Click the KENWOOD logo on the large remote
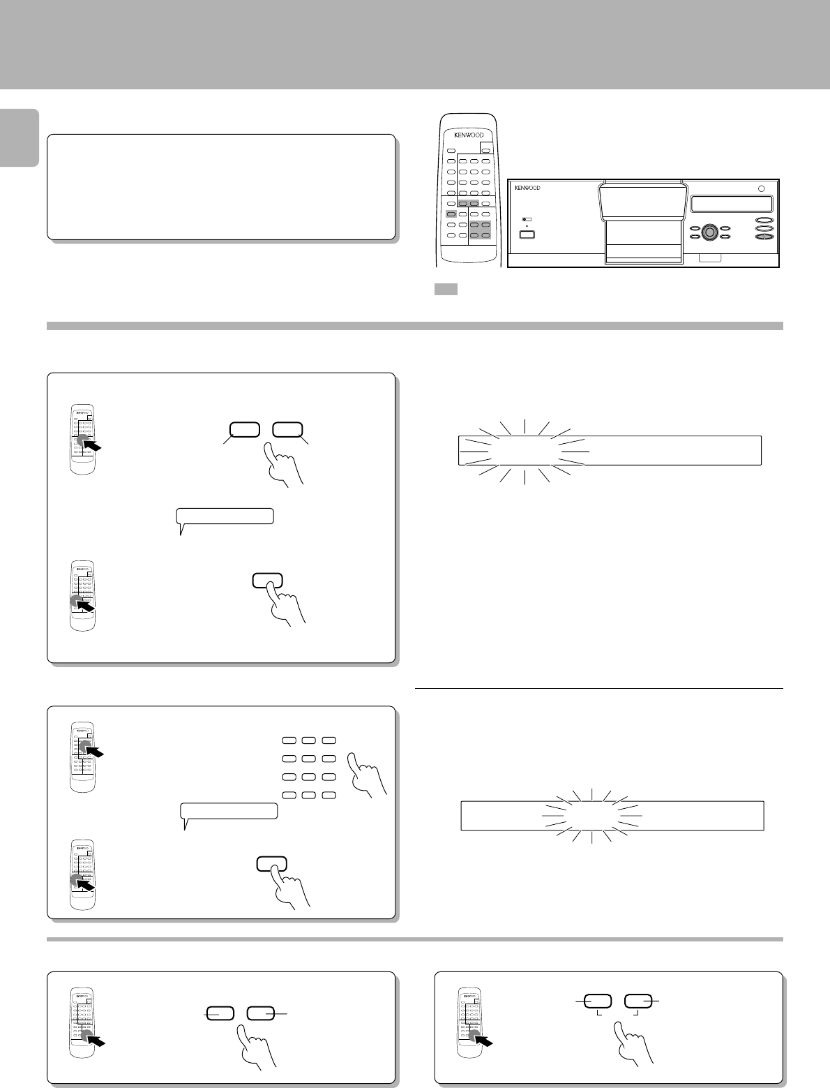(x=469, y=135)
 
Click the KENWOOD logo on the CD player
(x=527, y=188)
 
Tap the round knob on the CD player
(x=709, y=232)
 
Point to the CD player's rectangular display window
(x=732, y=204)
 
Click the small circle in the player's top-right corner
(x=761, y=189)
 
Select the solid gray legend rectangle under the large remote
(x=446, y=289)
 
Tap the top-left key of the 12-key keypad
(x=289, y=740)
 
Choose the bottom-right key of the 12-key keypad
(x=329, y=795)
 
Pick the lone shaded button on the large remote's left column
(x=451, y=214)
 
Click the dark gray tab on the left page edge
(x=19, y=137)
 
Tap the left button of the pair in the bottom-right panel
(x=598, y=1001)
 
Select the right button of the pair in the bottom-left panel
(x=260, y=1013)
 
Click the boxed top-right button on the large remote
(x=486, y=151)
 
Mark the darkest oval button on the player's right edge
(x=764, y=237)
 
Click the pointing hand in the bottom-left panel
(x=257, y=1046)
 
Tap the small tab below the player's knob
(x=709, y=258)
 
